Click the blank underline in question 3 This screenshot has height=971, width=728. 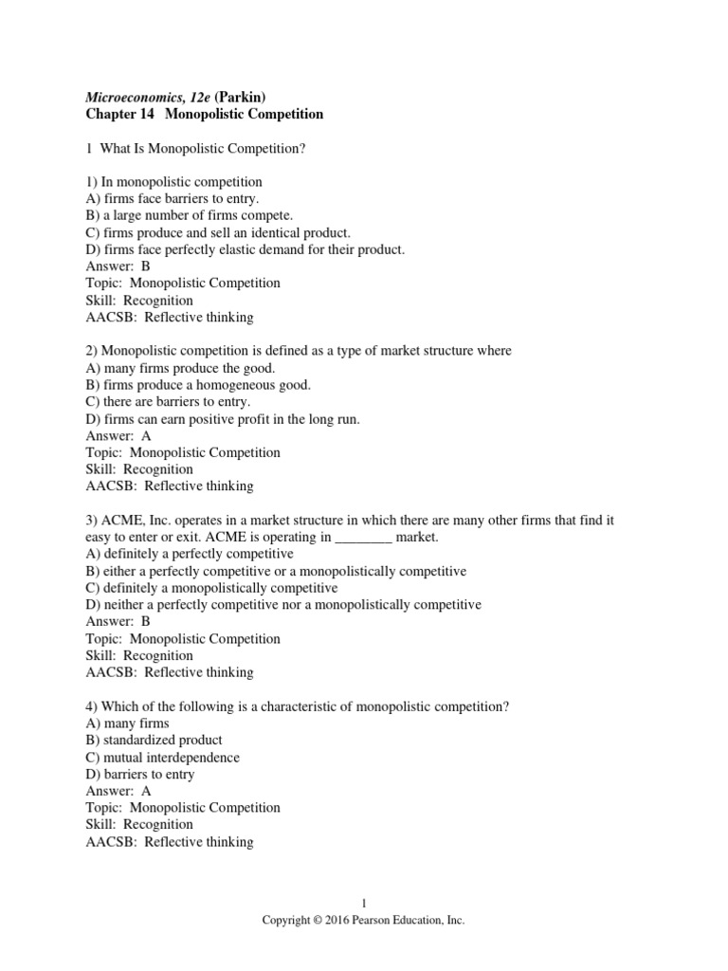tap(364, 538)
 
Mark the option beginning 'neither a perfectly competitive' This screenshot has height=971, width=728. tap(283, 605)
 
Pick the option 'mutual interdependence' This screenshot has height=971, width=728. tap(171, 757)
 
